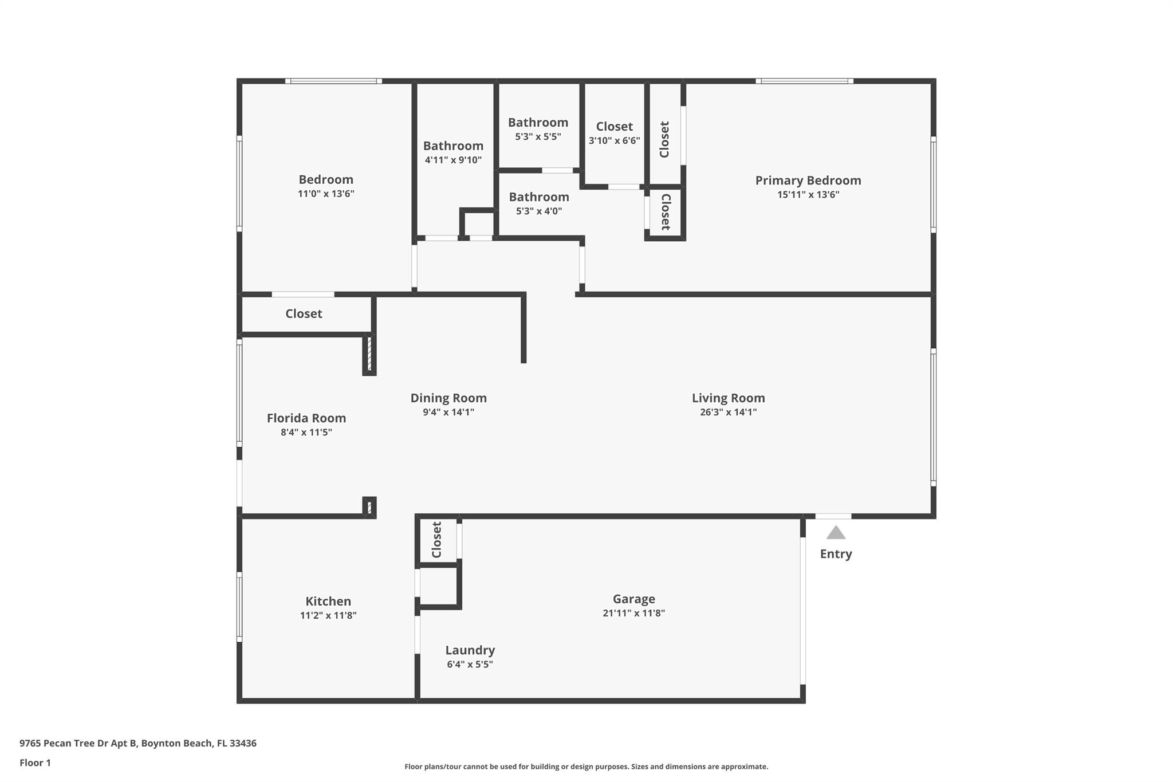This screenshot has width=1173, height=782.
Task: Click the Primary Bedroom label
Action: tap(808, 180)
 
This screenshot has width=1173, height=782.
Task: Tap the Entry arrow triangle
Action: tap(836, 533)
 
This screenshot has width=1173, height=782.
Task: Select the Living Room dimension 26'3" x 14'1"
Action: tap(728, 412)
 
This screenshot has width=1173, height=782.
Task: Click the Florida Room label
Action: tap(306, 418)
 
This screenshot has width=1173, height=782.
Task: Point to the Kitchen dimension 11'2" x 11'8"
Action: tap(328, 615)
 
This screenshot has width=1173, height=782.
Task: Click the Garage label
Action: tap(633, 599)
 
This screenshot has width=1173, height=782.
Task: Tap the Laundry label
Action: tap(470, 650)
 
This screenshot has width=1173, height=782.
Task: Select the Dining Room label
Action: tap(448, 398)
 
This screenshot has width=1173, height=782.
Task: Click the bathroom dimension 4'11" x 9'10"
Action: tap(453, 160)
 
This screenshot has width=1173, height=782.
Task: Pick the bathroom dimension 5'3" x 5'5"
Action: tap(538, 136)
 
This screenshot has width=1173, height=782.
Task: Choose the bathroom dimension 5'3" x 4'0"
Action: tap(538, 211)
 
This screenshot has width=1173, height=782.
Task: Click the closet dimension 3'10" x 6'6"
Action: tap(614, 140)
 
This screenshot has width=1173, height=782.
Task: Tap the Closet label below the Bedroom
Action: tap(304, 313)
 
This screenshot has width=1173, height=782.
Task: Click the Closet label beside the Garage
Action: tap(436, 539)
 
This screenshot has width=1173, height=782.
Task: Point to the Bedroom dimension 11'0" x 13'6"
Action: tap(326, 194)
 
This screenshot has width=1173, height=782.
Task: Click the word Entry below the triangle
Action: tap(836, 553)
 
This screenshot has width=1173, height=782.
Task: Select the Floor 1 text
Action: tap(35, 763)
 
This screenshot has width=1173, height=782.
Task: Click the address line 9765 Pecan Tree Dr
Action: tap(137, 743)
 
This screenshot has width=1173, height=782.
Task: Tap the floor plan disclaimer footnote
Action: tap(586, 767)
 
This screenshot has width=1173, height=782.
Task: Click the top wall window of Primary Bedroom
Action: tap(804, 81)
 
